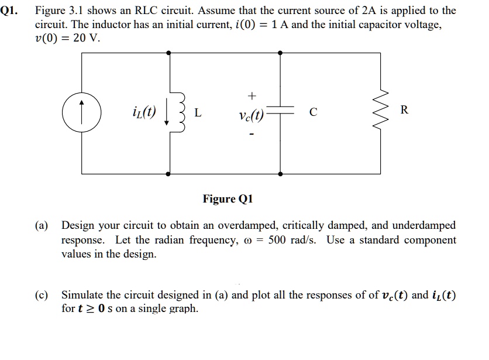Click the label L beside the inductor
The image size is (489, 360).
point(198,113)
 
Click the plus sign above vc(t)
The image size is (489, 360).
point(252,94)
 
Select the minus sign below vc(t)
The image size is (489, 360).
point(252,134)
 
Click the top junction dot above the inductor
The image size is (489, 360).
point(170,53)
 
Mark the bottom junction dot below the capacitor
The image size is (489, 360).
point(281,174)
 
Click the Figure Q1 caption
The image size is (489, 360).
point(228,199)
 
